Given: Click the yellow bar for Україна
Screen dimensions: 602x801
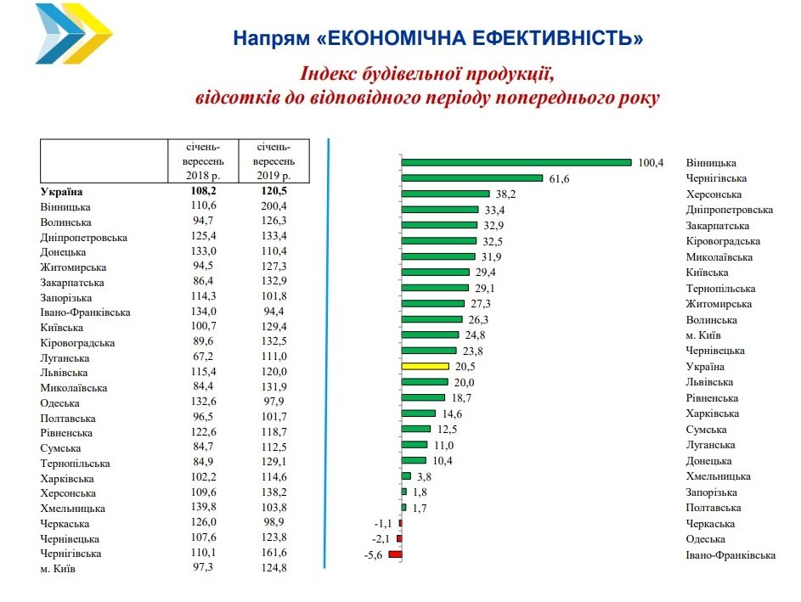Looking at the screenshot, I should pyautogui.click(x=425, y=366).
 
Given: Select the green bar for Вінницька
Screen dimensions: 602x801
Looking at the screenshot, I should pyautogui.click(x=516, y=162).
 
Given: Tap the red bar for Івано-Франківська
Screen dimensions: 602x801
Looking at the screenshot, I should pyautogui.click(x=395, y=554).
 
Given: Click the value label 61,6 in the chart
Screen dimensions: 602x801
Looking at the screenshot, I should pyautogui.click(x=557, y=178).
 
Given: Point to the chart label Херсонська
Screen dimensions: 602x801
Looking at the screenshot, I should pyautogui.click(x=711, y=194).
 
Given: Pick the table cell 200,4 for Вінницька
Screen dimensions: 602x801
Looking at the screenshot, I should pyautogui.click(x=274, y=206).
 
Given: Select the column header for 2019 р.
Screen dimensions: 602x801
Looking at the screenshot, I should pyautogui.click(x=274, y=160).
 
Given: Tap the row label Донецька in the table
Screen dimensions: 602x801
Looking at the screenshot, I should pyautogui.click(x=64, y=252).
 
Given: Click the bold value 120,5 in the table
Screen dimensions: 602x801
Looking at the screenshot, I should pyautogui.click(x=274, y=191).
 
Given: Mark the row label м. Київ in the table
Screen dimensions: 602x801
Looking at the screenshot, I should pyautogui.click(x=58, y=569).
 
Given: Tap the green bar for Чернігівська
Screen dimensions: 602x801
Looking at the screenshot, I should pyautogui.click(x=471, y=178).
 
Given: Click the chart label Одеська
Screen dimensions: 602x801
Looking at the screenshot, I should pyautogui.click(x=705, y=539).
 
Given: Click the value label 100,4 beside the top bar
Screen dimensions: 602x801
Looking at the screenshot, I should pyautogui.click(x=650, y=162).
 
